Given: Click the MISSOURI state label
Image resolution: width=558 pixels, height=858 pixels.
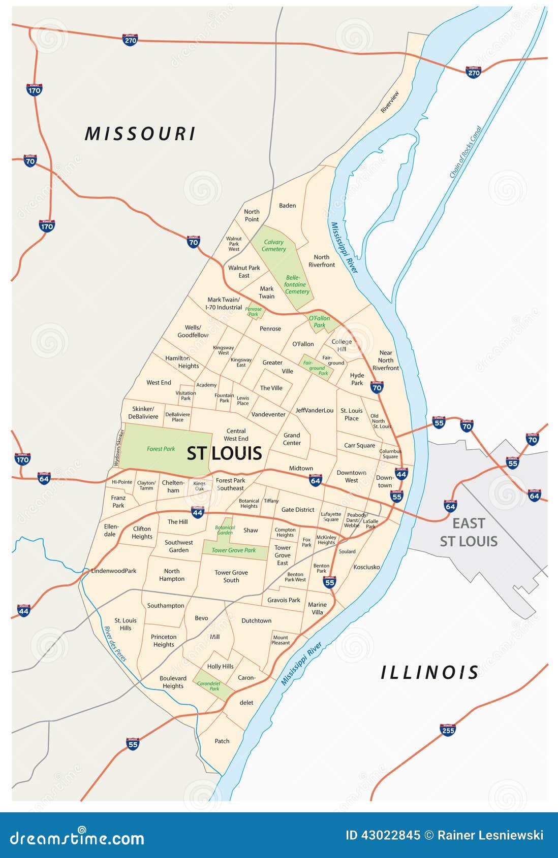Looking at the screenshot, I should [140, 134].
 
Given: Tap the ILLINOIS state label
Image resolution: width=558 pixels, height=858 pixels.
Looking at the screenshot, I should [430, 673].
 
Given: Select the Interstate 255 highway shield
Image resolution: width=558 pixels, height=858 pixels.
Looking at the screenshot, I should [448, 730].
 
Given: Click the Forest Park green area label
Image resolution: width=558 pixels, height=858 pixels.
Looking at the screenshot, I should [161, 449].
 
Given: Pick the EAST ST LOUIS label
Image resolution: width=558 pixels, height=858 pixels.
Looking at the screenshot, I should [469, 532].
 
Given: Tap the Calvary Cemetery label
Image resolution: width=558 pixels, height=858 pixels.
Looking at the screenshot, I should [273, 246].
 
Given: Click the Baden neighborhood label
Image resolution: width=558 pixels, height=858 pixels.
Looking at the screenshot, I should [287, 206].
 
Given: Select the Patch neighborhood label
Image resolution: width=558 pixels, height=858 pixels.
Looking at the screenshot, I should [222, 741].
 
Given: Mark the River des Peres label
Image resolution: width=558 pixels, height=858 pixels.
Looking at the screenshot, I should [115, 644].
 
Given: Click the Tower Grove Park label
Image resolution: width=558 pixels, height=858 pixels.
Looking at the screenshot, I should [234, 550].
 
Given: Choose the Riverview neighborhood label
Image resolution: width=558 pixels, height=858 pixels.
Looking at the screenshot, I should [390, 102].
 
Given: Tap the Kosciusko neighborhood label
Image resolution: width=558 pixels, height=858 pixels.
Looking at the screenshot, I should [366, 567].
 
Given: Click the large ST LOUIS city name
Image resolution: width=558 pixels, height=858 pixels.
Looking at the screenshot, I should [224, 453].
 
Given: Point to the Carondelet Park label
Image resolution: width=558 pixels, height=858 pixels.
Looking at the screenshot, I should [208, 686].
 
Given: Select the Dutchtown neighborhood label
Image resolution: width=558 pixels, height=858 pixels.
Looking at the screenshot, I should [256, 621].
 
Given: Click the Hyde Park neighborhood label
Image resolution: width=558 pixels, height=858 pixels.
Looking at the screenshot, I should [357, 379].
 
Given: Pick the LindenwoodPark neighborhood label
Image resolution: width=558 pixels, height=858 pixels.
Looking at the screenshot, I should [114, 571].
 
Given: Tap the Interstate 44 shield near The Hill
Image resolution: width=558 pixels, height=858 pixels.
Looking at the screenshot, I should [198, 512].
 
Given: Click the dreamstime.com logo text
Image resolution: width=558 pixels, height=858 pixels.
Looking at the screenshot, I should [77, 838].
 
